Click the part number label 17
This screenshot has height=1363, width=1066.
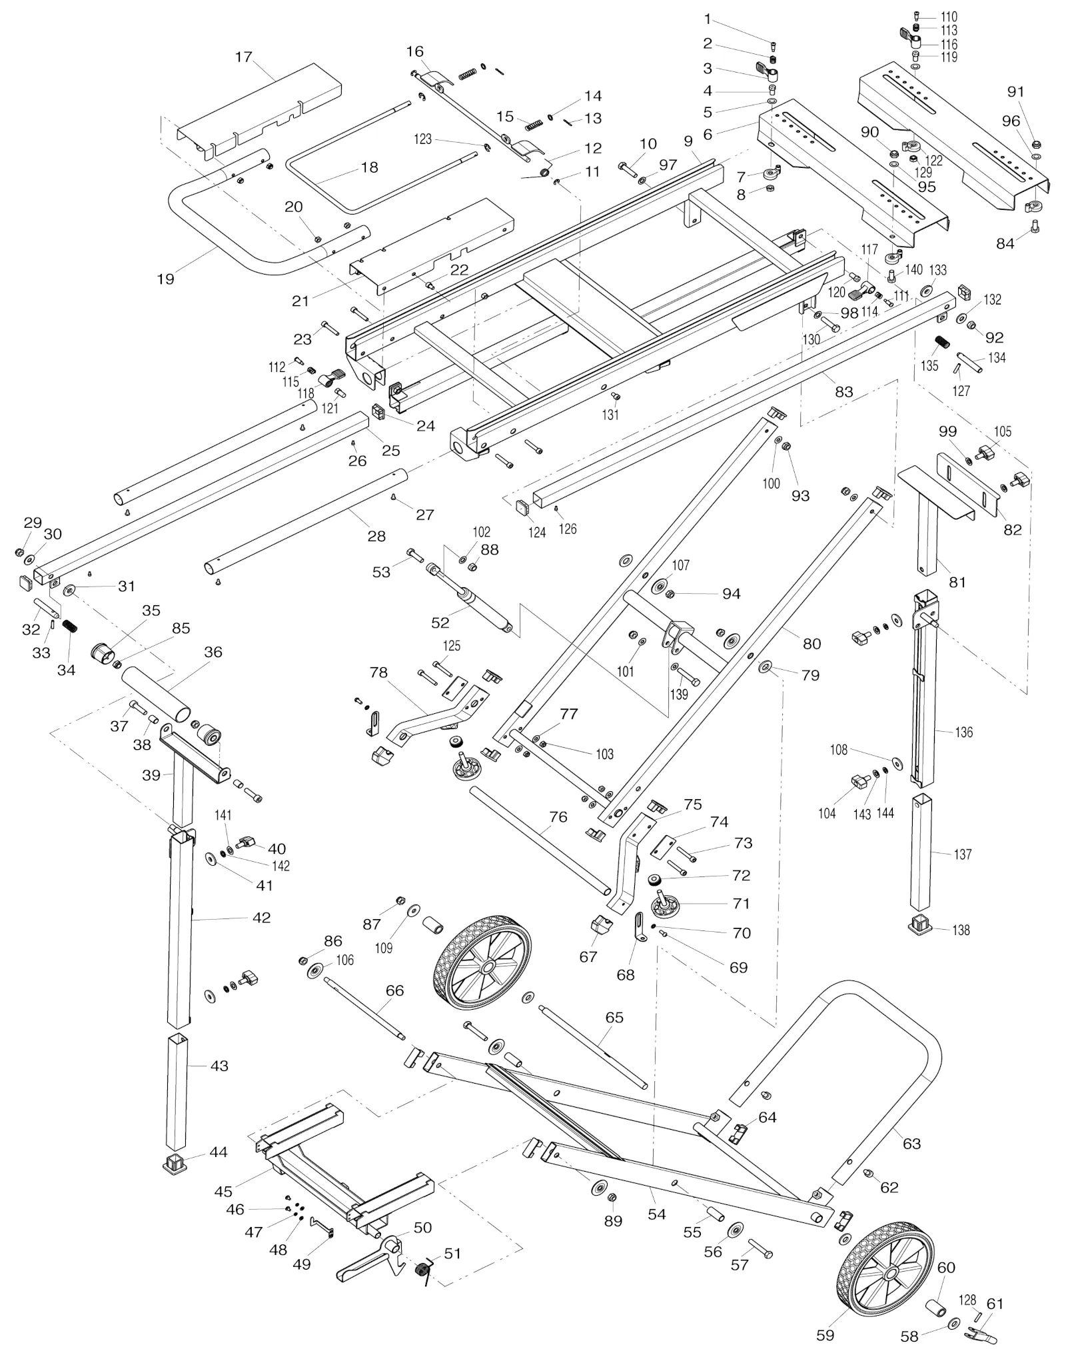pyautogui.click(x=244, y=57)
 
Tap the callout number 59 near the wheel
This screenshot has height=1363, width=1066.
pyautogui.click(x=825, y=1335)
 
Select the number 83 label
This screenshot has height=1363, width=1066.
pyautogui.click(x=844, y=392)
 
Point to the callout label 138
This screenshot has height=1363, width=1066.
pyautogui.click(x=961, y=930)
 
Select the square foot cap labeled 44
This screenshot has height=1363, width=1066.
pyautogui.click(x=175, y=1163)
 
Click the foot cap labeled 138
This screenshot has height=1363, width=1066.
pyautogui.click(x=923, y=924)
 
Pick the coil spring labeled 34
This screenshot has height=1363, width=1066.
pyautogui.click(x=69, y=627)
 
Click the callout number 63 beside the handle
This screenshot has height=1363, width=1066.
pyautogui.click(x=911, y=1144)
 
